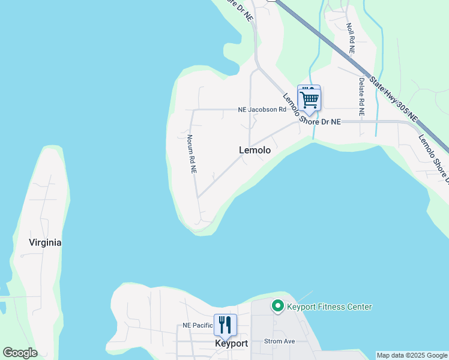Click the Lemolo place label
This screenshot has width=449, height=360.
(x=255, y=151)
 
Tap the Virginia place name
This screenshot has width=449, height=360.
(x=45, y=243)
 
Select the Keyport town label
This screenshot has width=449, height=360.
(x=231, y=344)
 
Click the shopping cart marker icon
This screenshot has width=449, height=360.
(x=309, y=99)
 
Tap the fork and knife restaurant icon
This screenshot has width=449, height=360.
(x=225, y=325)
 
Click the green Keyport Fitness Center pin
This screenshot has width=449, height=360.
(x=278, y=307)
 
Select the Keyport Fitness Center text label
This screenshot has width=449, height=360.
(x=330, y=307)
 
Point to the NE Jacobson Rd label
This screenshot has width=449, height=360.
(x=262, y=110)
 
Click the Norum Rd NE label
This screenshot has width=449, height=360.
(x=191, y=154)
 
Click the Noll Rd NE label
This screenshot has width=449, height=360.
(x=351, y=39)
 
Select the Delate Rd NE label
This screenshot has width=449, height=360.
(x=361, y=97)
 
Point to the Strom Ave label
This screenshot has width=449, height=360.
(x=280, y=341)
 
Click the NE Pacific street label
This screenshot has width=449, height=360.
(x=197, y=326)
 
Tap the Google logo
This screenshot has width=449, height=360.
(x=20, y=353)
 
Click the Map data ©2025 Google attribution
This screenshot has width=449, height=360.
(x=412, y=355)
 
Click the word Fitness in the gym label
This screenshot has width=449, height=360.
(x=330, y=307)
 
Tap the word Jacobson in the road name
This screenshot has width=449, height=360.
(x=267, y=110)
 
